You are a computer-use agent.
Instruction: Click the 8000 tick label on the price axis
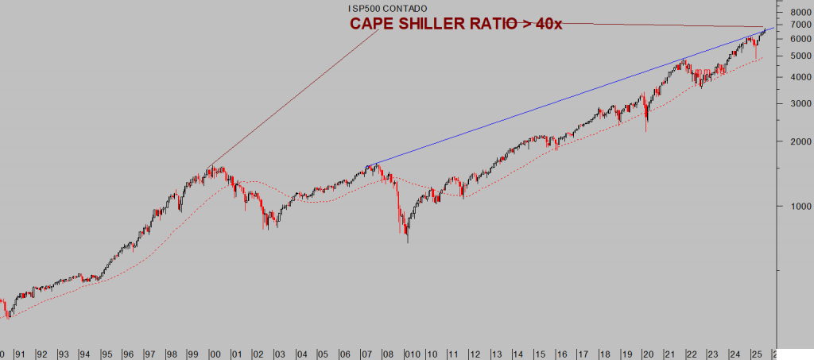(x=792, y=13)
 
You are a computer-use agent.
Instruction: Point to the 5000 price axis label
(x=792, y=56)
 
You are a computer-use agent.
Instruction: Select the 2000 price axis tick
(x=792, y=141)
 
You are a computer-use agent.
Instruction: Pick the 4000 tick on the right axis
(x=792, y=77)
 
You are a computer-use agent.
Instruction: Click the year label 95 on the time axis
(x=107, y=354)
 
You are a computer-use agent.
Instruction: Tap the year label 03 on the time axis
(x=280, y=354)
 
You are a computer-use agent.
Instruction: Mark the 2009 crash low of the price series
(x=408, y=241)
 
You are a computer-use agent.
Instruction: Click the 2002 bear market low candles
(x=266, y=227)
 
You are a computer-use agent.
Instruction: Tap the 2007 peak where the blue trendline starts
(x=369, y=165)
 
